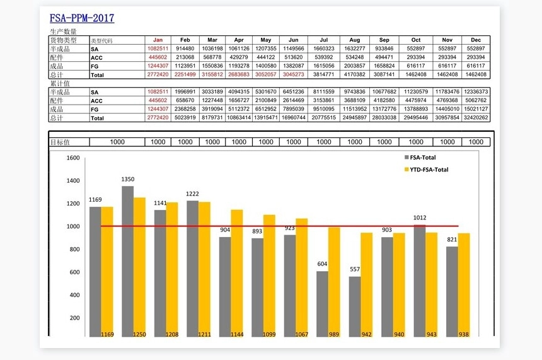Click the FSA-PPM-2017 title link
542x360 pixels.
click(x=82, y=18)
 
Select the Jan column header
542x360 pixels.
click(x=158, y=40)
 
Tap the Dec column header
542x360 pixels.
click(x=475, y=40)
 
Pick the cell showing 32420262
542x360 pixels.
click(x=475, y=117)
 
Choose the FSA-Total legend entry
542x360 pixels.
click(x=422, y=158)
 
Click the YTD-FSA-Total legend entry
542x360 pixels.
click(x=429, y=170)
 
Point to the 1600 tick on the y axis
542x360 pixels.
click(x=73, y=158)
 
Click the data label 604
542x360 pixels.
click(x=322, y=264)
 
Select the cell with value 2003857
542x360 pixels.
click(x=355, y=66)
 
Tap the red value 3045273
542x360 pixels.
click(x=293, y=74)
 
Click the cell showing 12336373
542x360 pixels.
click(x=475, y=91)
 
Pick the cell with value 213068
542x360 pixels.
click(x=185, y=57)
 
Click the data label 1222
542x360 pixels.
click(x=192, y=194)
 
